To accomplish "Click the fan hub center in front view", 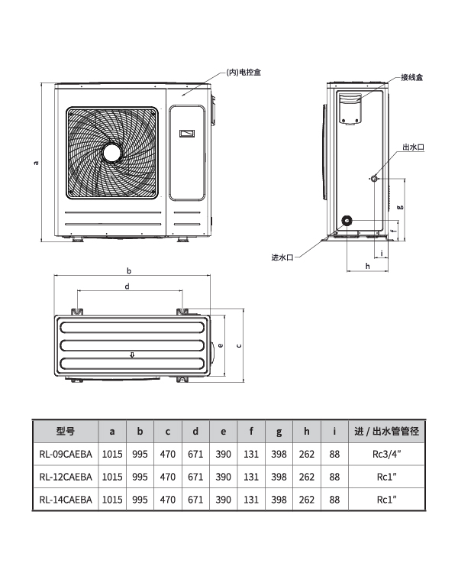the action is [x=112, y=153].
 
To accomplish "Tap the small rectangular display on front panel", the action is [x=186, y=134].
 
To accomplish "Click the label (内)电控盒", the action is [x=244, y=73].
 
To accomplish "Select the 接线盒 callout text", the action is [x=411, y=77].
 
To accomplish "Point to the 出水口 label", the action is [x=414, y=147].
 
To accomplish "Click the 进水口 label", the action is [x=282, y=257].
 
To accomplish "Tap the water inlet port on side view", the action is [x=347, y=220].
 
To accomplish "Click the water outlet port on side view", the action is [x=374, y=179].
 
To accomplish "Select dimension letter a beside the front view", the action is [x=36, y=163].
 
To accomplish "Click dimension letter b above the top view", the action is [x=129, y=270].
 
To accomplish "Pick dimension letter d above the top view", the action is [x=127, y=286].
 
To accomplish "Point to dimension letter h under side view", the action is [x=368, y=266].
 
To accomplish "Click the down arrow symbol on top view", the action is [x=132, y=354].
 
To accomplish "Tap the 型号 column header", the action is [x=66, y=431].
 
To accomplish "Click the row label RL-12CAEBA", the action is [x=66, y=477].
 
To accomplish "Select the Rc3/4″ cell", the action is [x=387, y=455].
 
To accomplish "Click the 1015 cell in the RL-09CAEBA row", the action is [x=112, y=455].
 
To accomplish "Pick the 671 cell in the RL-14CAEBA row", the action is [x=195, y=500].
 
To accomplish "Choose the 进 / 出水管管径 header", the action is [x=387, y=431].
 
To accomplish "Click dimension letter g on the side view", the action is [x=400, y=207].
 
